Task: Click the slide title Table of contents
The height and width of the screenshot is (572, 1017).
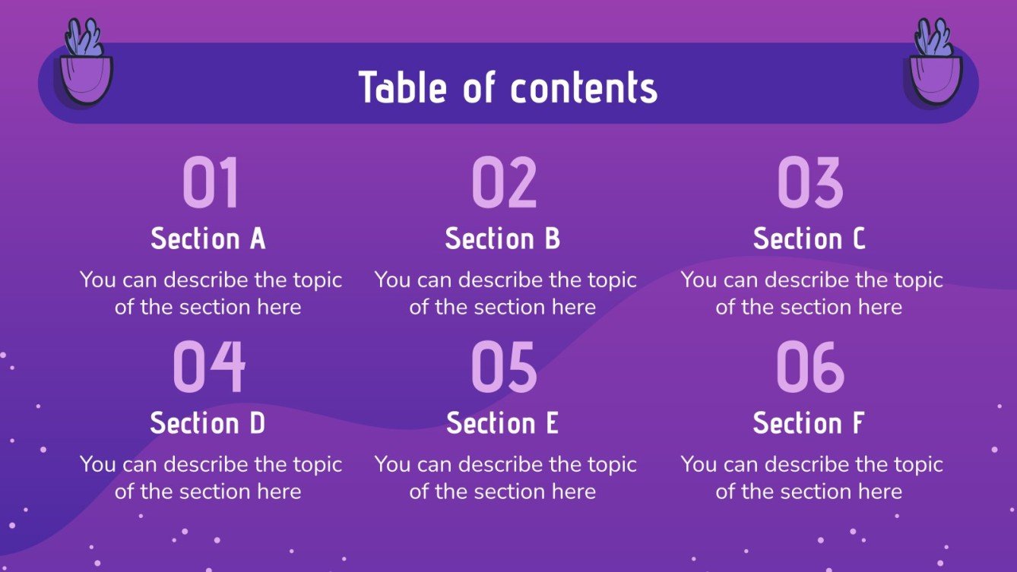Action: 508,87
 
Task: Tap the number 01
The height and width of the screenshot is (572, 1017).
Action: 211,183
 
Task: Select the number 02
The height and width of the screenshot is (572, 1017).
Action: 504,183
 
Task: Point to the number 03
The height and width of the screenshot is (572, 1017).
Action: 810,183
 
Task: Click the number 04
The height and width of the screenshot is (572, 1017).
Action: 209,367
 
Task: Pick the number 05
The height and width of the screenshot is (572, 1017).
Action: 504,367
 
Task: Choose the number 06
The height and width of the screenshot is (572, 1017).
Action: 810,367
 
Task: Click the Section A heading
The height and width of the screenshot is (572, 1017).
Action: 208,239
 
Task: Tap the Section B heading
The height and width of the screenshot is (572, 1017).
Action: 502,239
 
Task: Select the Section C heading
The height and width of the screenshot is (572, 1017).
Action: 809,239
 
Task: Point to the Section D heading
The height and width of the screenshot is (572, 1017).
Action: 208,423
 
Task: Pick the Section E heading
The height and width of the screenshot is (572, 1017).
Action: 502,423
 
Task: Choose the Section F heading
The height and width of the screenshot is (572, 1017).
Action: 809,423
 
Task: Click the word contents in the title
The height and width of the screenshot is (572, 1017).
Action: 583,87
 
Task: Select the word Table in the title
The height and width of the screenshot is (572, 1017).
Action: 404,87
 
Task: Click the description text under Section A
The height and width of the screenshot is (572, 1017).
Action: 211,293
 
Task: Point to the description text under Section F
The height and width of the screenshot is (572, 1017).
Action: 811,478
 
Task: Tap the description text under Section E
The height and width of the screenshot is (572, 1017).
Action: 505,478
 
